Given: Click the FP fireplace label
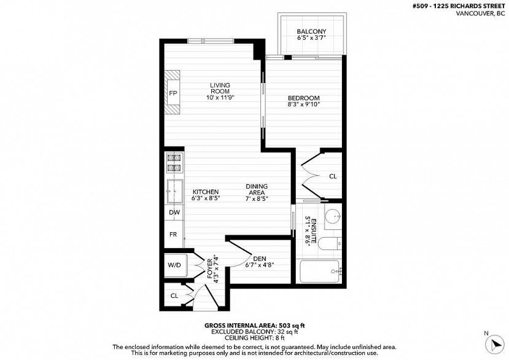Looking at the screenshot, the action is pos(173,93).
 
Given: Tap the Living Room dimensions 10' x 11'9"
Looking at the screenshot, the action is pos(220,98).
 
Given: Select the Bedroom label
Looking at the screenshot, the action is pos(304,98).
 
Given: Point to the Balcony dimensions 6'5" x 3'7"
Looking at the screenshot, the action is pos(311,37).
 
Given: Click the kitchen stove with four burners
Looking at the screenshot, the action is pos(174,162).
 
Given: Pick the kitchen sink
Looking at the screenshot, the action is pos(174,191).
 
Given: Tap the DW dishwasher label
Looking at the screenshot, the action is pos(174,213).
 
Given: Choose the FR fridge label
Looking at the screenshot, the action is pos(173,234).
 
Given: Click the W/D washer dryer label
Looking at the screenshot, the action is pos(174,265).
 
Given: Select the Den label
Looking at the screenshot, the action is pos(260,259).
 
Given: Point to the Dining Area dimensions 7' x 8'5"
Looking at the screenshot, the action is pos(257,199).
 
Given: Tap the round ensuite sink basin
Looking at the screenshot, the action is pos(333,216).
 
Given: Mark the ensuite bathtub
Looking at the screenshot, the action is pos(321,272).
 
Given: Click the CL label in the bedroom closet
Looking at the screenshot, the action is pos(333,176).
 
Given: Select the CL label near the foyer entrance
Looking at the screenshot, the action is pos(174,295).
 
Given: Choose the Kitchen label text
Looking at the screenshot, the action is pos(206,192).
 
